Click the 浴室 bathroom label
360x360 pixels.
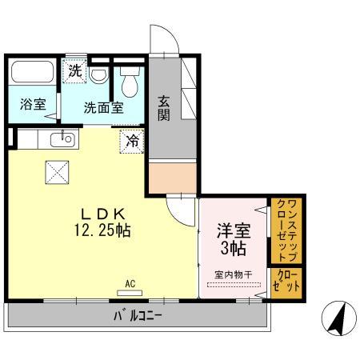coord(33,105)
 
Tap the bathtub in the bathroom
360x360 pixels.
coord(33,74)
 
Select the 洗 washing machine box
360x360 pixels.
coord(74,69)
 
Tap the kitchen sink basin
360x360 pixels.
coord(62,141)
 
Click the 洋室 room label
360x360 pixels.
coord(234,230)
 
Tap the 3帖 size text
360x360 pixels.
coord(234,249)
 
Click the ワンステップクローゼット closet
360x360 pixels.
coord(284,230)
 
